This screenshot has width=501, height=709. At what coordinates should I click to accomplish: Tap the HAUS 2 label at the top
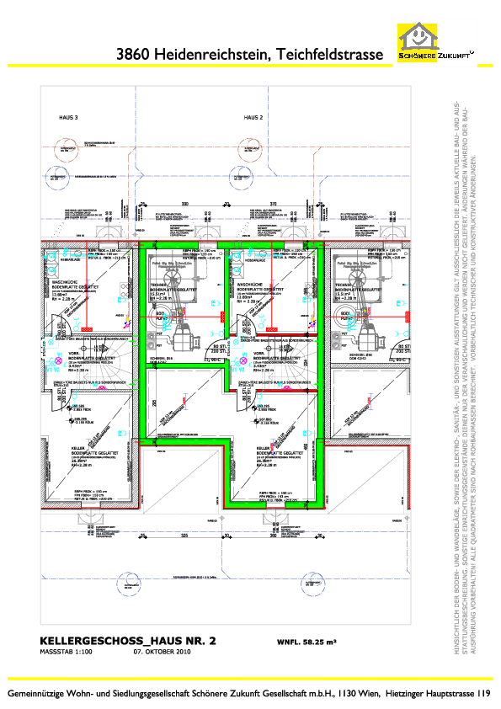254,118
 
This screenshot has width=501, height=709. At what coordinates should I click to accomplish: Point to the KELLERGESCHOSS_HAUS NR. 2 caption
128,641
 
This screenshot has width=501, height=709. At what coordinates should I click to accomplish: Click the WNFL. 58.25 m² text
306,642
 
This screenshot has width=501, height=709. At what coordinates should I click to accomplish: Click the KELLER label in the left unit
60,448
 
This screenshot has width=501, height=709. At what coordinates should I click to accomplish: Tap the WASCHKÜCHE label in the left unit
66,283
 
